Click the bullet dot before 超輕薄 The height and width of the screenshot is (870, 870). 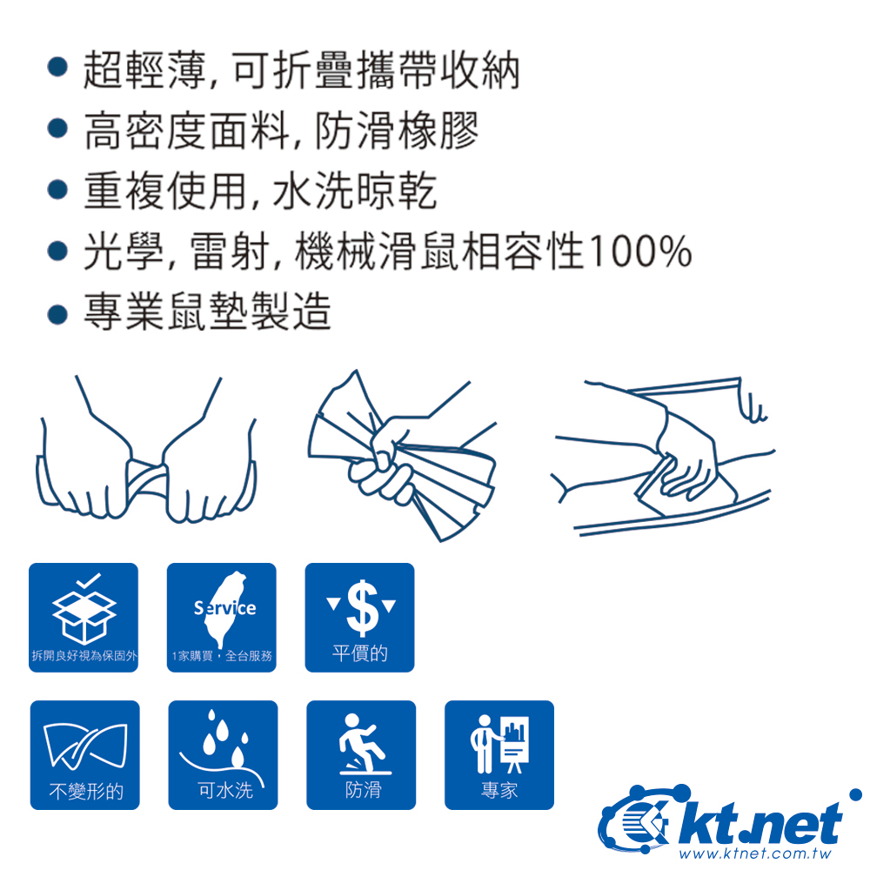coord(57,68)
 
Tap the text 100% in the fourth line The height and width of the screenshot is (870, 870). coord(640,252)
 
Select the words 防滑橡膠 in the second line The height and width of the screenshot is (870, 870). coord(398,131)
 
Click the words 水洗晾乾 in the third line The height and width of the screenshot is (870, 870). coord(355,191)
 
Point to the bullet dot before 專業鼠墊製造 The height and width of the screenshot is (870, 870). coord(57,314)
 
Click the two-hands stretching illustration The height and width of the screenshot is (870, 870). coord(146,449)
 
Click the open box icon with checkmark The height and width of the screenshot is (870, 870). coord(84,609)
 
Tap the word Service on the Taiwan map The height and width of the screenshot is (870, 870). coord(224,608)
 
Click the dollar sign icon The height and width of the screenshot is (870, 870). coord(362,607)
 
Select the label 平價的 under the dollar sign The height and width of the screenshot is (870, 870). coord(359,653)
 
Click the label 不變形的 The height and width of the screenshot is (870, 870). coord(85,791)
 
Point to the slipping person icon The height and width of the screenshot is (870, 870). coord(364,744)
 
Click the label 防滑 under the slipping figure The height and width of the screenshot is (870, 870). coord(364,789)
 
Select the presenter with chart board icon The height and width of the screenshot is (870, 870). coord(500,744)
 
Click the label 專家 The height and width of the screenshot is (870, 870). coord(499,790)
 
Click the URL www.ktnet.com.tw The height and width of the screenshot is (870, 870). coord(755,853)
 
